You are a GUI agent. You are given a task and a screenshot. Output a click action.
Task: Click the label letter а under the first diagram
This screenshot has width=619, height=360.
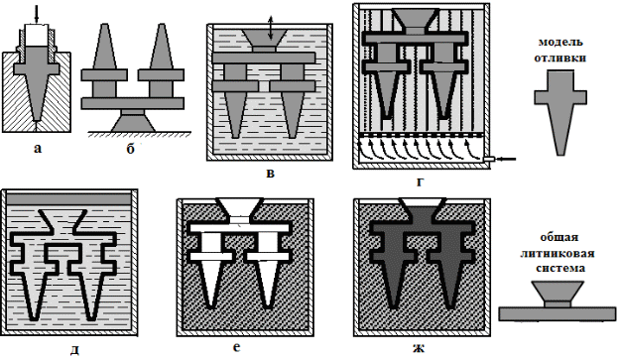coord(38,149)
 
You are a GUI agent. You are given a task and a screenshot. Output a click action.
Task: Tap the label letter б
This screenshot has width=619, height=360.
coord(131,149)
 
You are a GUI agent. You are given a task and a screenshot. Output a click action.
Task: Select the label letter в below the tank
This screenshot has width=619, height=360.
coord(271,174)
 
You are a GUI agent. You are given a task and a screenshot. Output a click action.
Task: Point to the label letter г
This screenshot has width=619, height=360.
coord(420,181)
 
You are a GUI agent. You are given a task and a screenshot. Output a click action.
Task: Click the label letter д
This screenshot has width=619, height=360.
coord(74,349)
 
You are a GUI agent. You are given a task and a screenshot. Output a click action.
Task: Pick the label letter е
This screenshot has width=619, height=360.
coord(237,347)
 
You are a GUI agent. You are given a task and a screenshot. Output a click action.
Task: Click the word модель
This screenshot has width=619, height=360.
coord(560,42)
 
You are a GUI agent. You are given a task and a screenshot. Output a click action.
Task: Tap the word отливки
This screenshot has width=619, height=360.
coord(560,58)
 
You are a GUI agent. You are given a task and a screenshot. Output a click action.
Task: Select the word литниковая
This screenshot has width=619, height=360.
coord(557,253)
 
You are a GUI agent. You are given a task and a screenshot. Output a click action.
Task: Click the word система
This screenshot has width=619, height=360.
coord(559,268)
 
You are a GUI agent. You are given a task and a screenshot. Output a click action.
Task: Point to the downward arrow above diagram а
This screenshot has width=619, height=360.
coord(37,14)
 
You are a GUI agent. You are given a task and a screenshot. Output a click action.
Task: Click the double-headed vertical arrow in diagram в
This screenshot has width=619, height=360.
coord(270,28)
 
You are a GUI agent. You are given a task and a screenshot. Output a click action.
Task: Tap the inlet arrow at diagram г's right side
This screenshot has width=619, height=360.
coord(507,159)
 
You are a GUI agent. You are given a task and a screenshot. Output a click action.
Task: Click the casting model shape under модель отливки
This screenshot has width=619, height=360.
coord(560,112)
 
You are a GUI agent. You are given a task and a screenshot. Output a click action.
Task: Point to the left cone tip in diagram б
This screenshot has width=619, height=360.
coord(104,25)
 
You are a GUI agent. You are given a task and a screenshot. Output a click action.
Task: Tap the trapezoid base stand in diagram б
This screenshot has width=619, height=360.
coord(133,123)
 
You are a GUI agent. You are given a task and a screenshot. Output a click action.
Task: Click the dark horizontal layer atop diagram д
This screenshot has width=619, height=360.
coord(68,199)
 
